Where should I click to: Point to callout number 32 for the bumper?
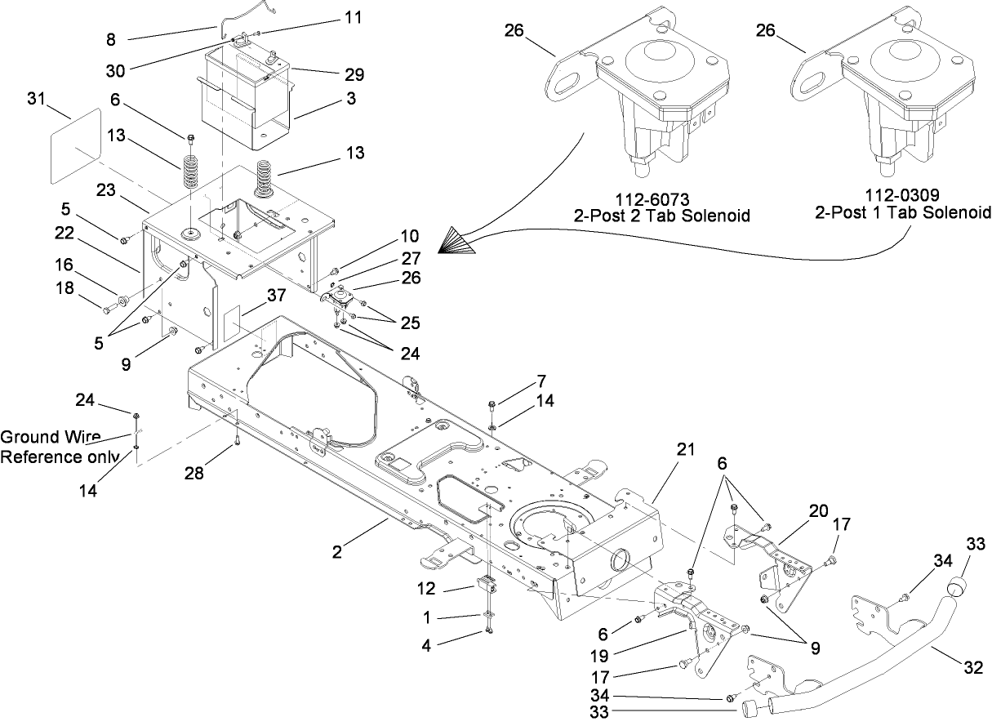point(973,666)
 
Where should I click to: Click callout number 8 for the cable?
point(110,38)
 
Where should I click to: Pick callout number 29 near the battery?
point(354,74)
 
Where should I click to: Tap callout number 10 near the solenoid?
point(409,237)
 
